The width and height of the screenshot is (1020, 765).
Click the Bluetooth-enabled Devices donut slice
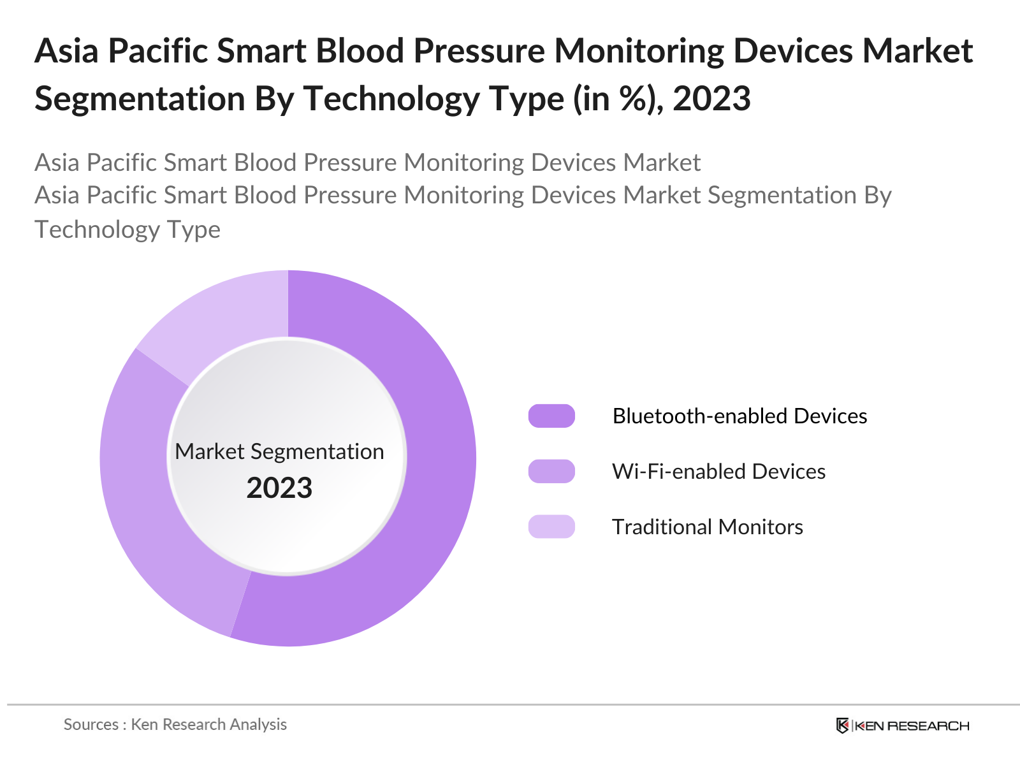433,484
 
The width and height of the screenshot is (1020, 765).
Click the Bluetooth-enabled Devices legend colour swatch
551,416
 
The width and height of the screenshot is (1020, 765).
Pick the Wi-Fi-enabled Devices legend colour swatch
551,471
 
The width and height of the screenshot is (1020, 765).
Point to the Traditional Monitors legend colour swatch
551,527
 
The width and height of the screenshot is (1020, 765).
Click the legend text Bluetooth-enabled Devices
739,416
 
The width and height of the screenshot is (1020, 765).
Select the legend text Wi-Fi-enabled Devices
718,471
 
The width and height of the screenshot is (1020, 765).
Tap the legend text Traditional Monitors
707,527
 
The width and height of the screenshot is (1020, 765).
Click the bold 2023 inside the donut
279,488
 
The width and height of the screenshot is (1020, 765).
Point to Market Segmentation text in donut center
279,451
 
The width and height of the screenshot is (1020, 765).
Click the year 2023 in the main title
711,99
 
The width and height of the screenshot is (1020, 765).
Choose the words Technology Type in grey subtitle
127,229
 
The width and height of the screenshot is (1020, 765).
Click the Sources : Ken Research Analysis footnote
175,724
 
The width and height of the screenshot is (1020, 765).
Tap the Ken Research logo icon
842,725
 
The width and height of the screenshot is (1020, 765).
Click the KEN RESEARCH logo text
912,725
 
